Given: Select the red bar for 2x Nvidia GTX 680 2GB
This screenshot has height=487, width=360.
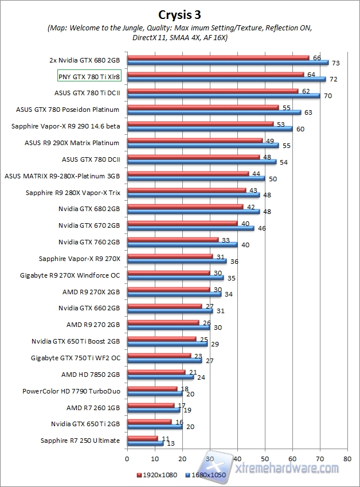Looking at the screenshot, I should point(218,57).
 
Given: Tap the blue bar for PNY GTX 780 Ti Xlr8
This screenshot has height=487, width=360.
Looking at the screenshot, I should point(226,79).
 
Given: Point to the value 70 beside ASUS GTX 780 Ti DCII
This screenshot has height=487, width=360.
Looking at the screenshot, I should point(328,96).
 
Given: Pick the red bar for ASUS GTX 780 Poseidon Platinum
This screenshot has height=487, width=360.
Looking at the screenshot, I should point(202,107).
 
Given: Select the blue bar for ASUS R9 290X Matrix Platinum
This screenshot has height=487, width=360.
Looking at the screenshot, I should point(202,146).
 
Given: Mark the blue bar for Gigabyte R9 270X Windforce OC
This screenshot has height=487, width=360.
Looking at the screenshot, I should point(175,278).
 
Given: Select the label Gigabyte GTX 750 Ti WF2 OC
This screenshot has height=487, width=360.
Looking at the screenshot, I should point(76,359).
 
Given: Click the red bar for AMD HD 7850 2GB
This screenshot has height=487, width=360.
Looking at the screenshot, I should point(155,373).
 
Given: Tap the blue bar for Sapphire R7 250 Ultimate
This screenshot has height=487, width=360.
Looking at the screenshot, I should point(144,443).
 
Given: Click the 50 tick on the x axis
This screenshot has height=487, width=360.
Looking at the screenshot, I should point(264,459).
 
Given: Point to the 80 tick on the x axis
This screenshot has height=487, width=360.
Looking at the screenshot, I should point(347,459).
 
